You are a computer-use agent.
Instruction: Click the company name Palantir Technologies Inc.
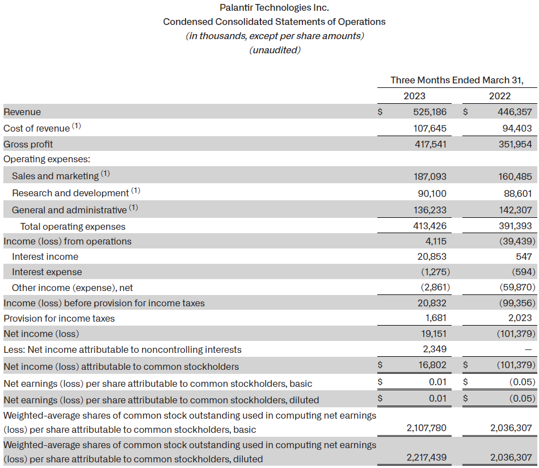[274, 7]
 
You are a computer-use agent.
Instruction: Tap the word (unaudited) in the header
[275, 50]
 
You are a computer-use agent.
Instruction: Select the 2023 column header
[414, 96]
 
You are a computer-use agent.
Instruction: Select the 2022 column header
[500, 96]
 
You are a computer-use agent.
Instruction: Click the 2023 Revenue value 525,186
[429, 112]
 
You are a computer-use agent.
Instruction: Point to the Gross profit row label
[28, 144]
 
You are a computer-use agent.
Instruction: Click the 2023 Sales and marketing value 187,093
[429, 176]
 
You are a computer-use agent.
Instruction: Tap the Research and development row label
[70, 193]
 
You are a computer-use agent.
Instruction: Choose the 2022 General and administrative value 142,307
[515, 210]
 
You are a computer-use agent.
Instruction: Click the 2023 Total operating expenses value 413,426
[429, 226]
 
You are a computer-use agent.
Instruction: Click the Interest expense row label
[47, 272]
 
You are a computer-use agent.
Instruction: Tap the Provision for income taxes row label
[59, 318]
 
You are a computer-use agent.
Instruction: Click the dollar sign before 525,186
[381, 112]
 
